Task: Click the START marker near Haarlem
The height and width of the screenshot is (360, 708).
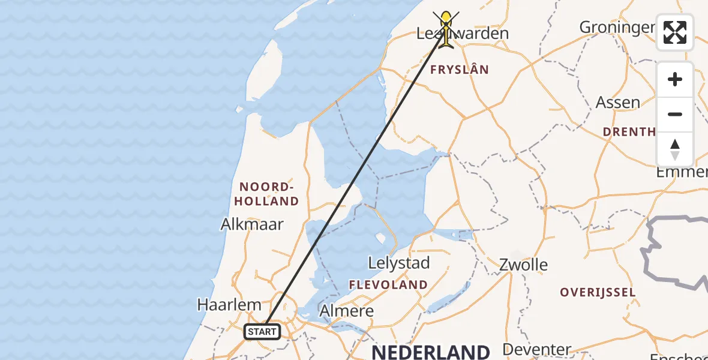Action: pyautogui.click(x=262, y=332)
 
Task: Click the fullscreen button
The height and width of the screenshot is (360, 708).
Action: pyautogui.click(x=675, y=32)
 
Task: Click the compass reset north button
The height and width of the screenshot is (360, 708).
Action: pyautogui.click(x=675, y=149)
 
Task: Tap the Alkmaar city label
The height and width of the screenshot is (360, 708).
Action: pyautogui.click(x=252, y=224)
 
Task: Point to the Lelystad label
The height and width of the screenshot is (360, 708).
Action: pyautogui.click(x=399, y=263)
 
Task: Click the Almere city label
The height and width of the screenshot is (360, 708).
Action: pyautogui.click(x=346, y=311)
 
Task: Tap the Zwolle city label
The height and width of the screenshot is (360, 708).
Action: pyautogui.click(x=524, y=265)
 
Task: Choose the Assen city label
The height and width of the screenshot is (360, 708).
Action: pyautogui.click(x=617, y=103)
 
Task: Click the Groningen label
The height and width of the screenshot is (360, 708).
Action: pyautogui.click(x=617, y=27)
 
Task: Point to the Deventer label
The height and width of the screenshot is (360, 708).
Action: pyautogui.click(x=537, y=349)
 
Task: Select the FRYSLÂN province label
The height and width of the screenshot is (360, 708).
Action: pyautogui.click(x=460, y=70)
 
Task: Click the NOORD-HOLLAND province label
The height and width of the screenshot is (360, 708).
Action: pyautogui.click(x=269, y=193)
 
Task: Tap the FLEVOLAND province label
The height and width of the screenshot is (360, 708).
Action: pyautogui.click(x=389, y=284)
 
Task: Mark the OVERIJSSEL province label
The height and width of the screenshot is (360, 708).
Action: pyautogui.click(x=597, y=292)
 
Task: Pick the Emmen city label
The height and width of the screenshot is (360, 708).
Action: pyautogui.click(x=682, y=172)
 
